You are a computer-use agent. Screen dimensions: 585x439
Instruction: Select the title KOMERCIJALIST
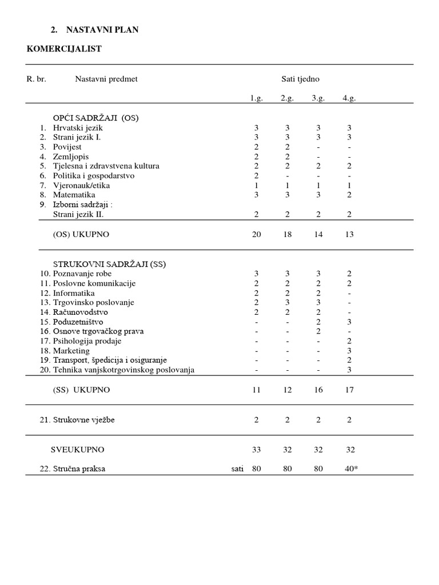(64, 49)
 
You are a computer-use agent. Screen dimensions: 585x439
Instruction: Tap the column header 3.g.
(318, 98)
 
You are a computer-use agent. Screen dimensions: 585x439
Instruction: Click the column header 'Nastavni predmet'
(106, 79)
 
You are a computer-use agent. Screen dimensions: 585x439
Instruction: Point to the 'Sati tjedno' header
(300, 79)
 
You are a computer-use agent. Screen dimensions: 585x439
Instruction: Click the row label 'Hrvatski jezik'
(78, 128)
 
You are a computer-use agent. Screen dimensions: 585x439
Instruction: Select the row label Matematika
(74, 195)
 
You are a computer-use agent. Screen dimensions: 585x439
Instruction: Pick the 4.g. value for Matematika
(349, 195)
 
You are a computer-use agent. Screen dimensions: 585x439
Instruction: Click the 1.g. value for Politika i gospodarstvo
(257, 175)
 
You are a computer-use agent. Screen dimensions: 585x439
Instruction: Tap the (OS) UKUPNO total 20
(256, 234)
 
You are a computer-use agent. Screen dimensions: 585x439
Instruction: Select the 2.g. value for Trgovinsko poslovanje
(287, 302)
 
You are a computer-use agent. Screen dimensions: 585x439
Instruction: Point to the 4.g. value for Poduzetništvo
(349, 322)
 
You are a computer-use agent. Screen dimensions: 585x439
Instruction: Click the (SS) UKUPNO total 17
(349, 390)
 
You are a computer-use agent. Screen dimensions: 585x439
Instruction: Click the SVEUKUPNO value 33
(256, 450)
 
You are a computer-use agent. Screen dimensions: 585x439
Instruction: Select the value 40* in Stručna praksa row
(351, 469)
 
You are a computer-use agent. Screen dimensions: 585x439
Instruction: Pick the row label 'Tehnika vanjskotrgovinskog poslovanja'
(123, 370)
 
